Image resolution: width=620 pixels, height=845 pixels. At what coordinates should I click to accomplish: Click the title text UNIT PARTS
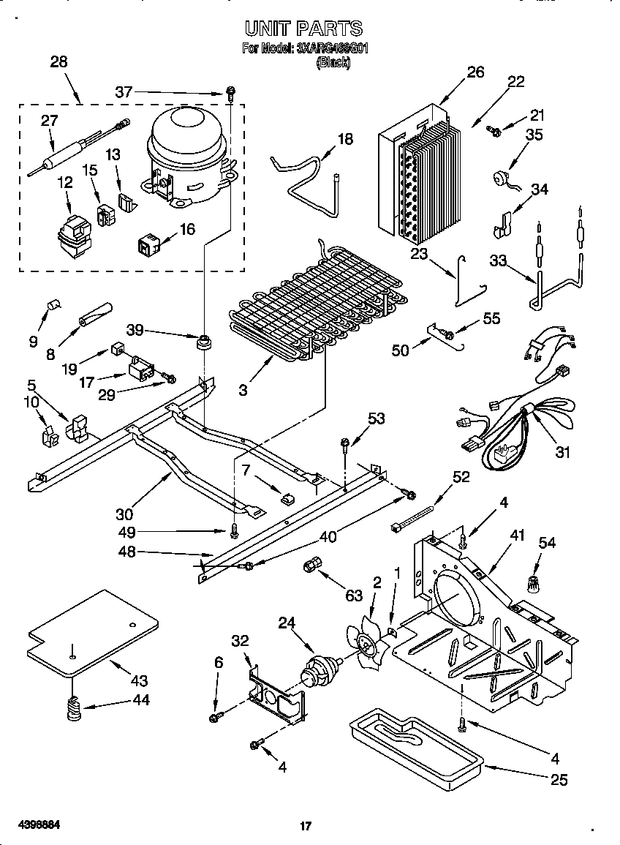pyautogui.click(x=303, y=29)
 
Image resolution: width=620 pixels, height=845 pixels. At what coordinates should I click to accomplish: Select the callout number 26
pyautogui.click(x=475, y=72)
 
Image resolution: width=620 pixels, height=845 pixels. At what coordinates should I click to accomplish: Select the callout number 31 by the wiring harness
pyautogui.click(x=562, y=452)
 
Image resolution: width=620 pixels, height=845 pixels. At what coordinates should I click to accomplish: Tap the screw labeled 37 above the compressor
pyautogui.click(x=230, y=93)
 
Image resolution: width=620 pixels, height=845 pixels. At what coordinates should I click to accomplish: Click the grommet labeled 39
pyautogui.click(x=203, y=342)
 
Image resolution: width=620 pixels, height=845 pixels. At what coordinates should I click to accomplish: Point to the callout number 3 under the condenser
pyautogui.click(x=242, y=390)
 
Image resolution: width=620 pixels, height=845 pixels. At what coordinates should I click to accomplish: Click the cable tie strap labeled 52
pyautogui.click(x=417, y=517)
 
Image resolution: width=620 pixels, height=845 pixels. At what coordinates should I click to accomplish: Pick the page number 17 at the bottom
pyautogui.click(x=306, y=827)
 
